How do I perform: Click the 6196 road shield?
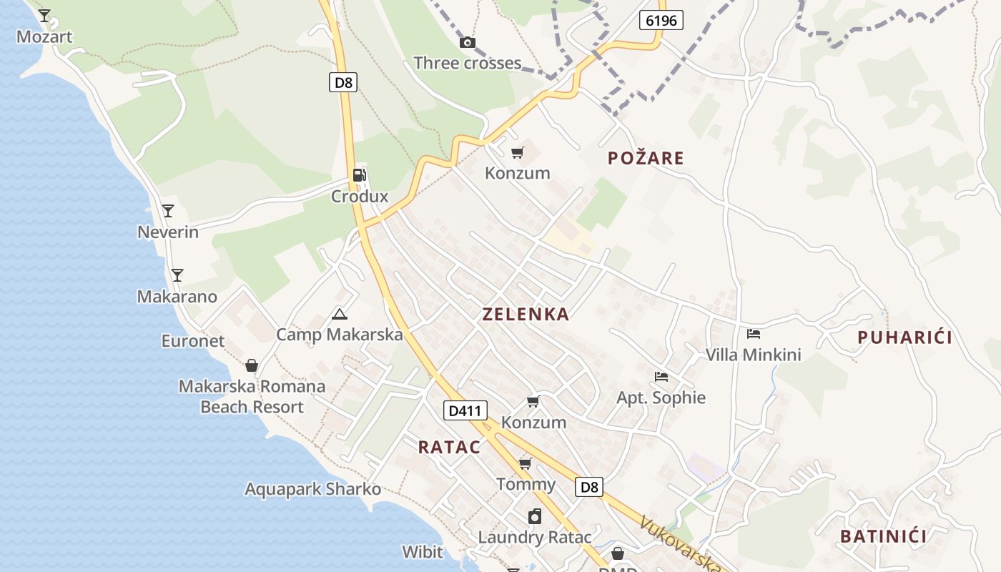point(661,20)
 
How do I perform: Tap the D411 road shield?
point(465,410)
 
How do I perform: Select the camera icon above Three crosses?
point(468,43)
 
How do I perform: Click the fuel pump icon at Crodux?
point(359,175)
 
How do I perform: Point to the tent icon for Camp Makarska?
point(340,313)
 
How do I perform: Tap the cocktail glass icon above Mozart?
point(44,15)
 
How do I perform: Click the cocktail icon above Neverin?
point(168,211)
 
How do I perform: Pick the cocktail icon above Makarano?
point(177,275)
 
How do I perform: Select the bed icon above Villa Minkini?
point(753,333)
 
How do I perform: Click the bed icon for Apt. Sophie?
point(661,377)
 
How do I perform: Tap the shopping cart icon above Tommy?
point(526,463)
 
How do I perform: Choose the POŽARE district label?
point(646,158)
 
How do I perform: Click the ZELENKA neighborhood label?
point(526,314)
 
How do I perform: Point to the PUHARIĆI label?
point(904,337)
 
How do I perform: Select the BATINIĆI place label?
point(883,536)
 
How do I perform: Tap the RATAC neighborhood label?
point(449,447)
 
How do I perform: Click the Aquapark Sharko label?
point(312,490)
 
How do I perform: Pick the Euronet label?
point(193,341)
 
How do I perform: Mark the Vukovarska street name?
point(679,543)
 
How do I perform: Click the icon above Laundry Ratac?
point(535,516)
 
